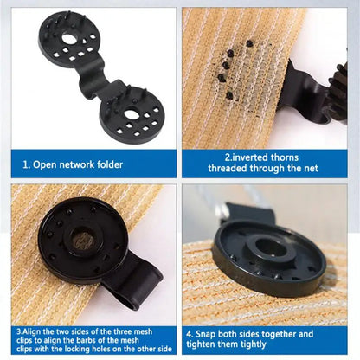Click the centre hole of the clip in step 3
pos(84,241)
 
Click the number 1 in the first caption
pos(28,164)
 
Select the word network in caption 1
pos(75,164)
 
